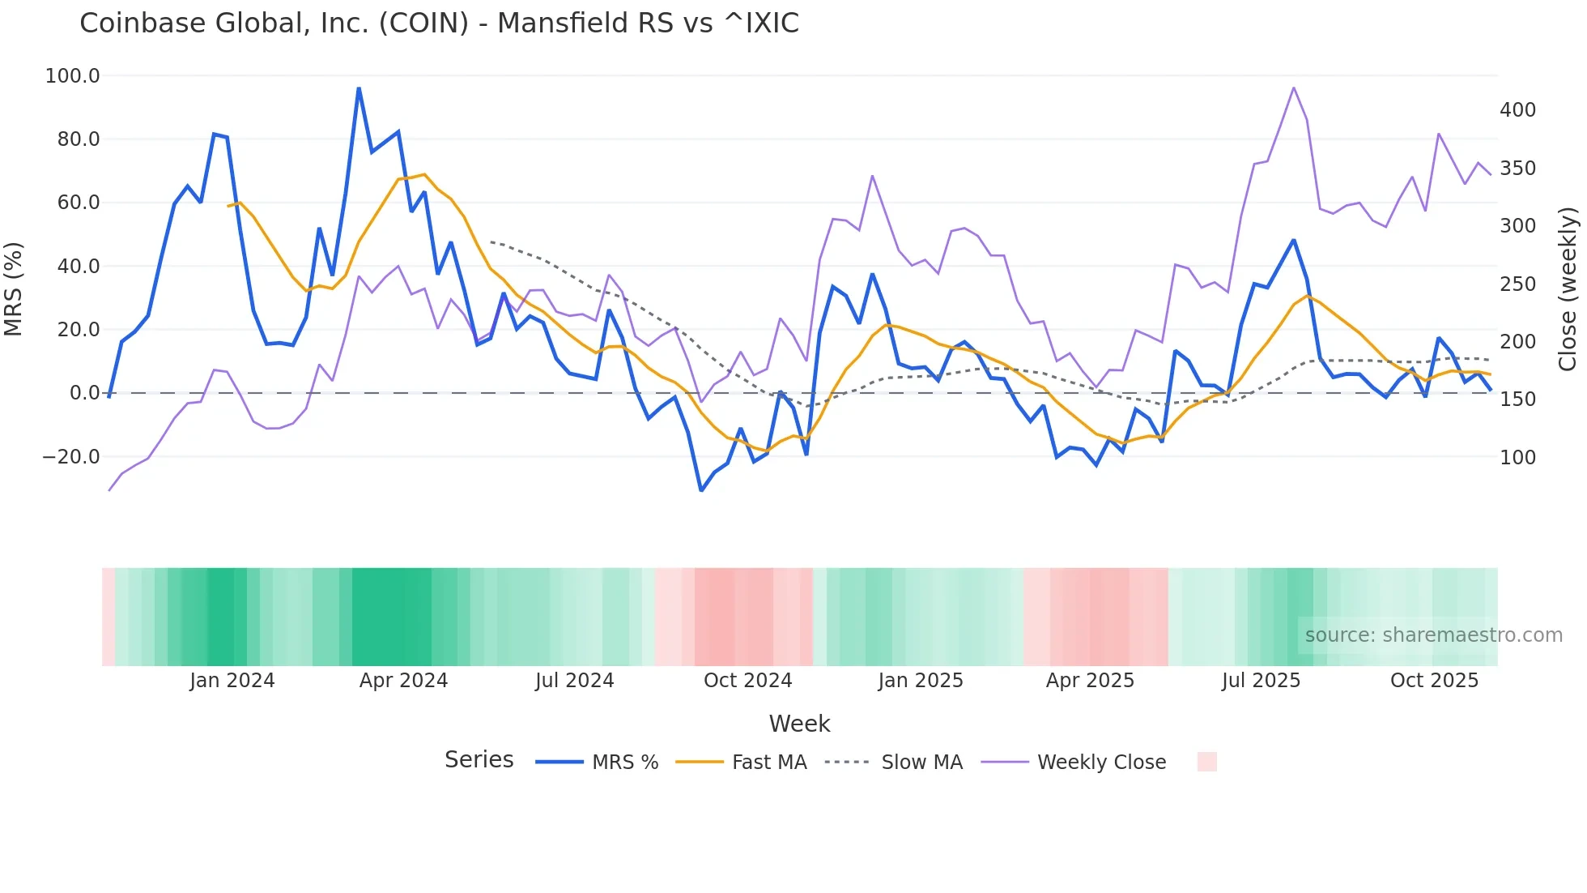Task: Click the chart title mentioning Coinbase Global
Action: click(x=439, y=23)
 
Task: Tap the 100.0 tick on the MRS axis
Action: click(x=72, y=76)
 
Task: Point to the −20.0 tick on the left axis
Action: click(x=70, y=457)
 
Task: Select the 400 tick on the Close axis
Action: click(x=1517, y=110)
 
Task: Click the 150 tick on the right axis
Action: click(x=1517, y=399)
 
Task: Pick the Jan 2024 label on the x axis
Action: click(x=232, y=681)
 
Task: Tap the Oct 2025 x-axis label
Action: click(x=1434, y=681)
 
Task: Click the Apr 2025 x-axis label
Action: click(x=1090, y=681)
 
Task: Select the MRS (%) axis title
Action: click(x=14, y=289)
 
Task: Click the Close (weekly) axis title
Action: click(x=1568, y=289)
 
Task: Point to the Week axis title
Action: click(x=799, y=724)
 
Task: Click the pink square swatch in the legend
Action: click(x=1206, y=762)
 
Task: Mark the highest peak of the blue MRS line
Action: click(x=359, y=88)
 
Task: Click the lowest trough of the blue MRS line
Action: click(x=701, y=490)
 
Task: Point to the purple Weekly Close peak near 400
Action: click(x=1294, y=88)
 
